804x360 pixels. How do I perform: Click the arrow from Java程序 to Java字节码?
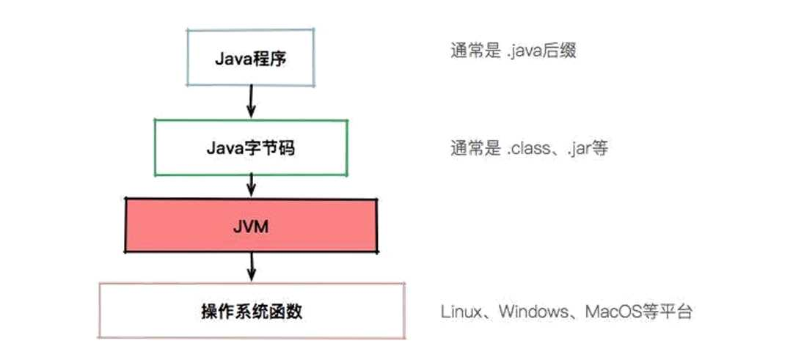[251, 100]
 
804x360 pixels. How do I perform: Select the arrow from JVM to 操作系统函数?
[252, 267]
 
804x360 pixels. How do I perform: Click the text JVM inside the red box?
[252, 226]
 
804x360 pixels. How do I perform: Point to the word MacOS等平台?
[638, 312]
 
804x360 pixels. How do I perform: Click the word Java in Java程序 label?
[230, 59]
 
